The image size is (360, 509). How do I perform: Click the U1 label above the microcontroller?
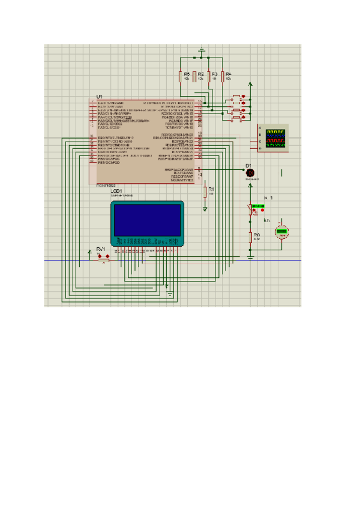coord(100,97)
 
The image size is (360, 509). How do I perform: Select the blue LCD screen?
coord(147,220)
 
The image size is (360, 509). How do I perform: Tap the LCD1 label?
coord(116,191)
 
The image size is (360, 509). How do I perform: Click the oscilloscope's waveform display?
coord(275,138)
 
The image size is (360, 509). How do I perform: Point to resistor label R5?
coord(187,73)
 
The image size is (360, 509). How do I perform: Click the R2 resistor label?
coord(200,73)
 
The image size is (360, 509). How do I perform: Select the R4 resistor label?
coord(229,73)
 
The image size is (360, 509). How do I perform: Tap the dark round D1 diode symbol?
coord(250,173)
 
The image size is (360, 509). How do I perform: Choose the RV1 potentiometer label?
coord(101,248)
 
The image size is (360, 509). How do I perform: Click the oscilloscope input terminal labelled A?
coord(260,128)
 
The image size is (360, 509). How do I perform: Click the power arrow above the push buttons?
coord(251,85)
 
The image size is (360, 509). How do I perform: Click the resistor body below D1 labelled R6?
coord(251,236)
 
